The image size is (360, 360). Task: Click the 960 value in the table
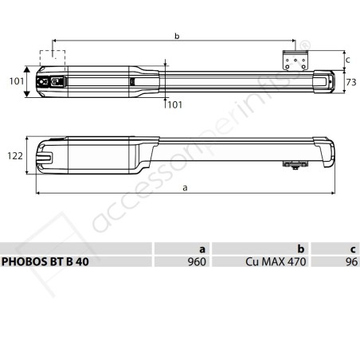point(197,262)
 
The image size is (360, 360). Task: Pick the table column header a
point(202,248)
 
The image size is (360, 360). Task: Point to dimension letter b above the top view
point(175,35)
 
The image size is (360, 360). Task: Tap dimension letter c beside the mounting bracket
point(346,61)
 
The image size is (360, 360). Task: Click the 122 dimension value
point(14,156)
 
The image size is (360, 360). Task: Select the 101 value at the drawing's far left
point(14,80)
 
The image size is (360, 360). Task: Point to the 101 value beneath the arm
point(174,104)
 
